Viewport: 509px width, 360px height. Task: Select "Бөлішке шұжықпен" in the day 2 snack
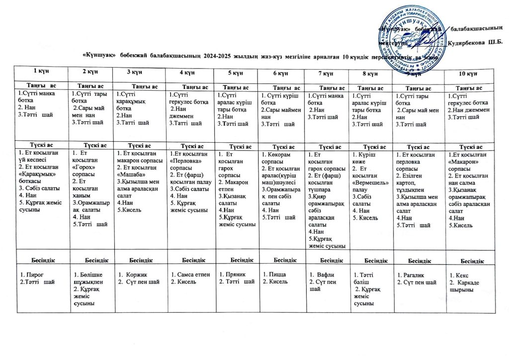88,278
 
